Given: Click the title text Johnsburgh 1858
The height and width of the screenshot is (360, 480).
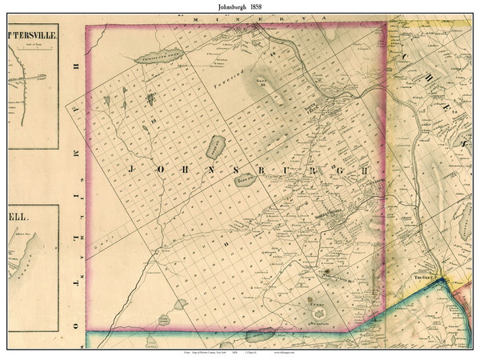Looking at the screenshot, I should tap(240, 6).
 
